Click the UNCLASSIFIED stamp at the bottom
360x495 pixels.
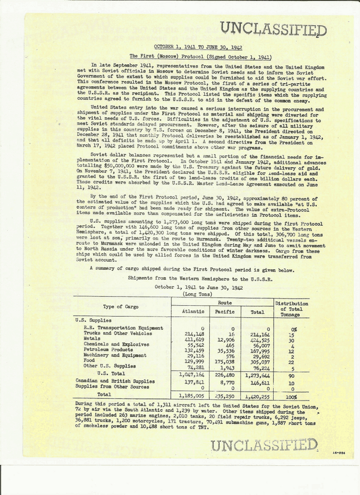(x=264, y=445)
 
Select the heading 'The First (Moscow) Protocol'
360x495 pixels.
(x=201, y=57)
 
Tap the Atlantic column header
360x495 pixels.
(x=194, y=311)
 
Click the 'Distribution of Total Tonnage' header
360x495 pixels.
(x=292, y=308)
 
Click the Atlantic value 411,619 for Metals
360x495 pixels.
(x=194, y=339)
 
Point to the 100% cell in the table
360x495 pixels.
(x=292, y=396)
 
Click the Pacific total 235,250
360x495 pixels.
(x=225, y=396)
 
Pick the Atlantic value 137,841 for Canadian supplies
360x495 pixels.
(x=194, y=382)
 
